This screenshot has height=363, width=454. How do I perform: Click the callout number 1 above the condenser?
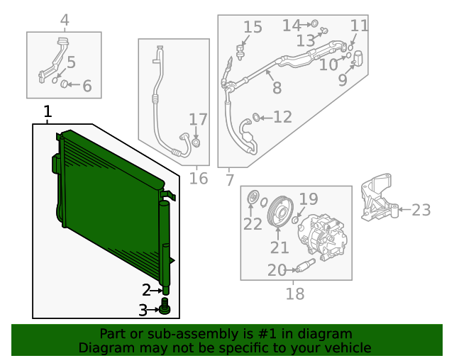tap(48, 112)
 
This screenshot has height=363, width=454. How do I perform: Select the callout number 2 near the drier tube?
tap(146, 289)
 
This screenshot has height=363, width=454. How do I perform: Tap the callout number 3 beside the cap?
tap(143, 310)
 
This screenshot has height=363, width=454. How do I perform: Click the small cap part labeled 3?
tap(165, 308)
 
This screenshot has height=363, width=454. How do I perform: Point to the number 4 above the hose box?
tap(64, 20)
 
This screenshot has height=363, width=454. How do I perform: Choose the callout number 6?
tap(87, 86)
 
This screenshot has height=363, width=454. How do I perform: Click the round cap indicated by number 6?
tap(65, 85)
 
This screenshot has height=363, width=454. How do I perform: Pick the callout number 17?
tap(198, 120)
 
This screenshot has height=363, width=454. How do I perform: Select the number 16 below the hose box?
tap(199, 177)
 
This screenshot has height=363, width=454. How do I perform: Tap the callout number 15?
tap(253, 28)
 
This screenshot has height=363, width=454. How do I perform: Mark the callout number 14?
tap(292, 26)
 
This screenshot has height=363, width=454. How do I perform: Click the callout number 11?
tap(360, 26)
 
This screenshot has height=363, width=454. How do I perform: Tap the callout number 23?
tap(421, 209)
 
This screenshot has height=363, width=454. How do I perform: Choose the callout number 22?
tap(253, 224)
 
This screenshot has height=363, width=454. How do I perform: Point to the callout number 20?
tap(276, 269)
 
